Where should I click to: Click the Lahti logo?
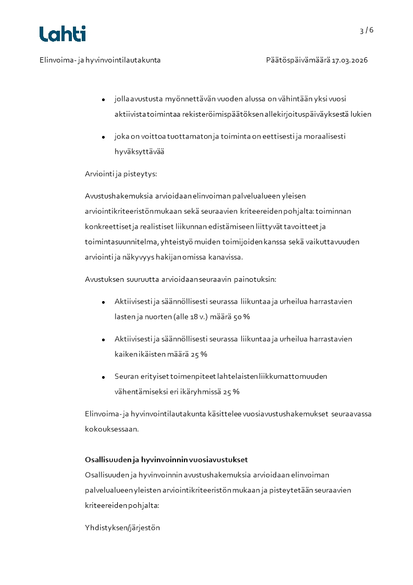62,34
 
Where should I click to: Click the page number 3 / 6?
367,30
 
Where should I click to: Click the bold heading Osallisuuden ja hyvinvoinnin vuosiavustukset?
166,459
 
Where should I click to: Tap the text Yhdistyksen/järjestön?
122,528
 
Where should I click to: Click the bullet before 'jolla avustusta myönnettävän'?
104,99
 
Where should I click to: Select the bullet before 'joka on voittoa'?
104,136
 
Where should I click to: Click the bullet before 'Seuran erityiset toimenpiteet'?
104,377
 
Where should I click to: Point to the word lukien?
361,114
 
